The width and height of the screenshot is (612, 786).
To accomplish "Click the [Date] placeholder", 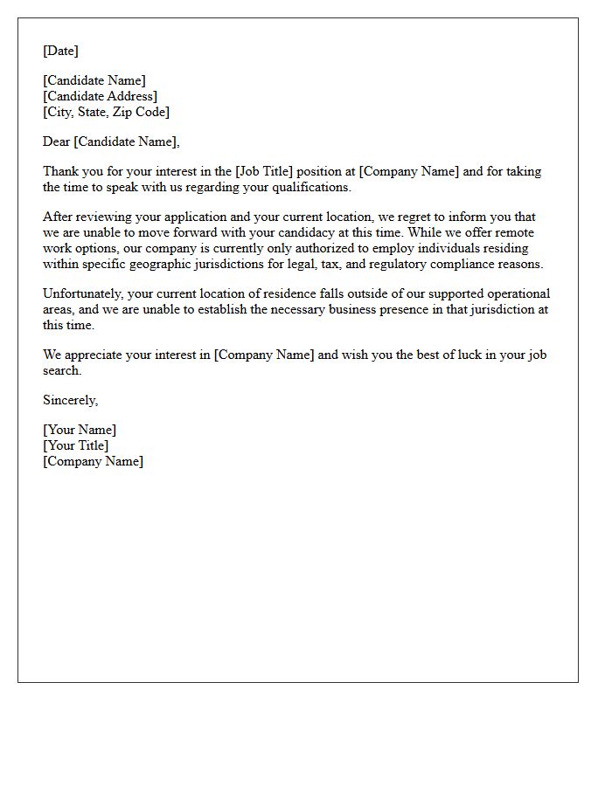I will point(60,51).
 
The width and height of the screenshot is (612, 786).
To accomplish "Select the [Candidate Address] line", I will point(101,96).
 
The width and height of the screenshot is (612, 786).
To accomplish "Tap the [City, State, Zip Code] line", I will point(106,112).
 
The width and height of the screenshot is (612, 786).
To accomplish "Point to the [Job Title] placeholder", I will point(264,171).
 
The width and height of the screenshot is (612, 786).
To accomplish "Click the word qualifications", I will point(310,187).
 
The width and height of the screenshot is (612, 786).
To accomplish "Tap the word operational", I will point(517,293).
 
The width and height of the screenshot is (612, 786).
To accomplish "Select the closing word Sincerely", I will point(70,400).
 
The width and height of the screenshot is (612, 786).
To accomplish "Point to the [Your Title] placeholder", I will point(76,445).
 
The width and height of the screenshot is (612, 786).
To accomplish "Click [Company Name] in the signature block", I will point(93,461).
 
